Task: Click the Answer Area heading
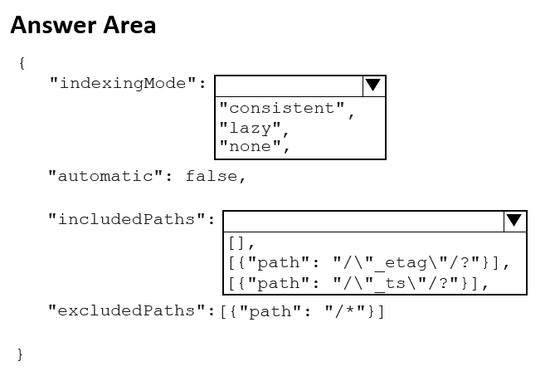pos(83,25)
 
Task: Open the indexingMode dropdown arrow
pos(374,86)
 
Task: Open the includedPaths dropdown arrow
pos(515,222)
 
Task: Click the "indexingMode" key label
pos(128,84)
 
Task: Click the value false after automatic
pos(212,176)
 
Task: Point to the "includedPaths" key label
pos(131,219)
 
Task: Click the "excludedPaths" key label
pos(131,310)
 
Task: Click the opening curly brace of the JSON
pos(22,64)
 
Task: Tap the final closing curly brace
pos(21,354)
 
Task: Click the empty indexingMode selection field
pos(289,86)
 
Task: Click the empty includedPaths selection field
pos(363,222)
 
